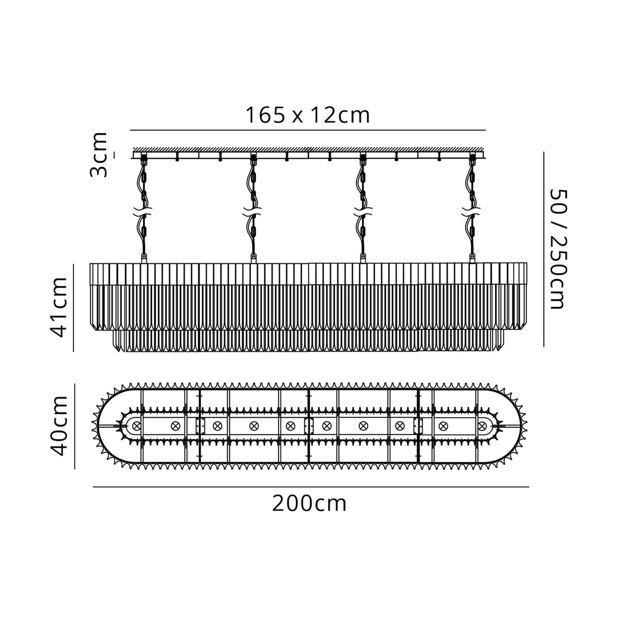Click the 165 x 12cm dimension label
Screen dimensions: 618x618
[307, 115]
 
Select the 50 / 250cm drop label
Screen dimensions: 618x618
[558, 249]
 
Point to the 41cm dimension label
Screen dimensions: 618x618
[61, 307]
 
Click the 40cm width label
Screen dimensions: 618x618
[61, 425]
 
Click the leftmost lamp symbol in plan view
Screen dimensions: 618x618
[136, 426]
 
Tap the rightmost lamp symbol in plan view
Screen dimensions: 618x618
[482, 426]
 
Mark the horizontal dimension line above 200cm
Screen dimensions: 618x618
[311, 487]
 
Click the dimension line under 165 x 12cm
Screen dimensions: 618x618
[308, 130]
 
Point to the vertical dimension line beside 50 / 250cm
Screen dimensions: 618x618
[544, 249]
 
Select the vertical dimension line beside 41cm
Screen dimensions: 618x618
[74, 307]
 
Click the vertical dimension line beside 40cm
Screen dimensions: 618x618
[75, 426]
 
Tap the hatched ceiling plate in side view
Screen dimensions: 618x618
[308, 149]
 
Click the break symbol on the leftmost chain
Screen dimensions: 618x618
[143, 212]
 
